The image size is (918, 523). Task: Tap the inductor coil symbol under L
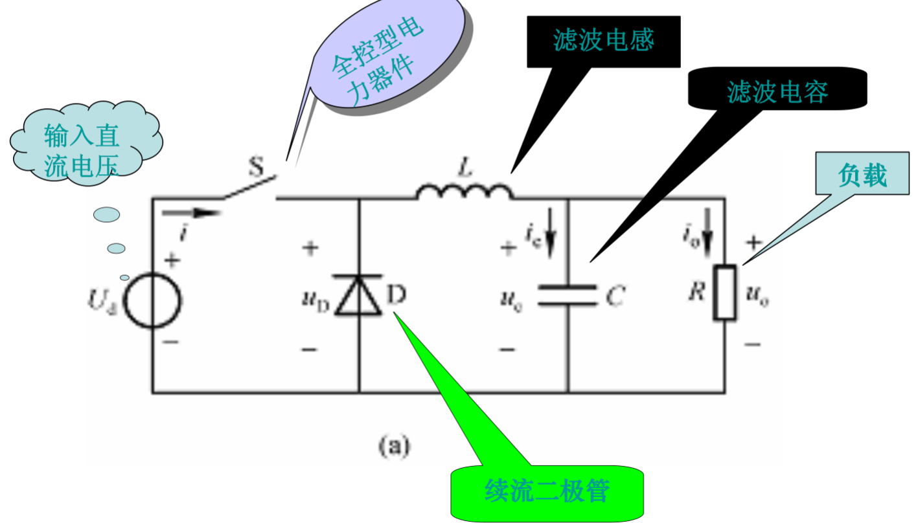464,192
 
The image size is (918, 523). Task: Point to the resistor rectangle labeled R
724,293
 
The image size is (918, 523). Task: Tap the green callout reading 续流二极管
547,491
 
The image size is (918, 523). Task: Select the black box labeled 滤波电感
603,41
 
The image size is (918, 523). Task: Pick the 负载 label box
862,175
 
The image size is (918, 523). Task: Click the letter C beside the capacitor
615,297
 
